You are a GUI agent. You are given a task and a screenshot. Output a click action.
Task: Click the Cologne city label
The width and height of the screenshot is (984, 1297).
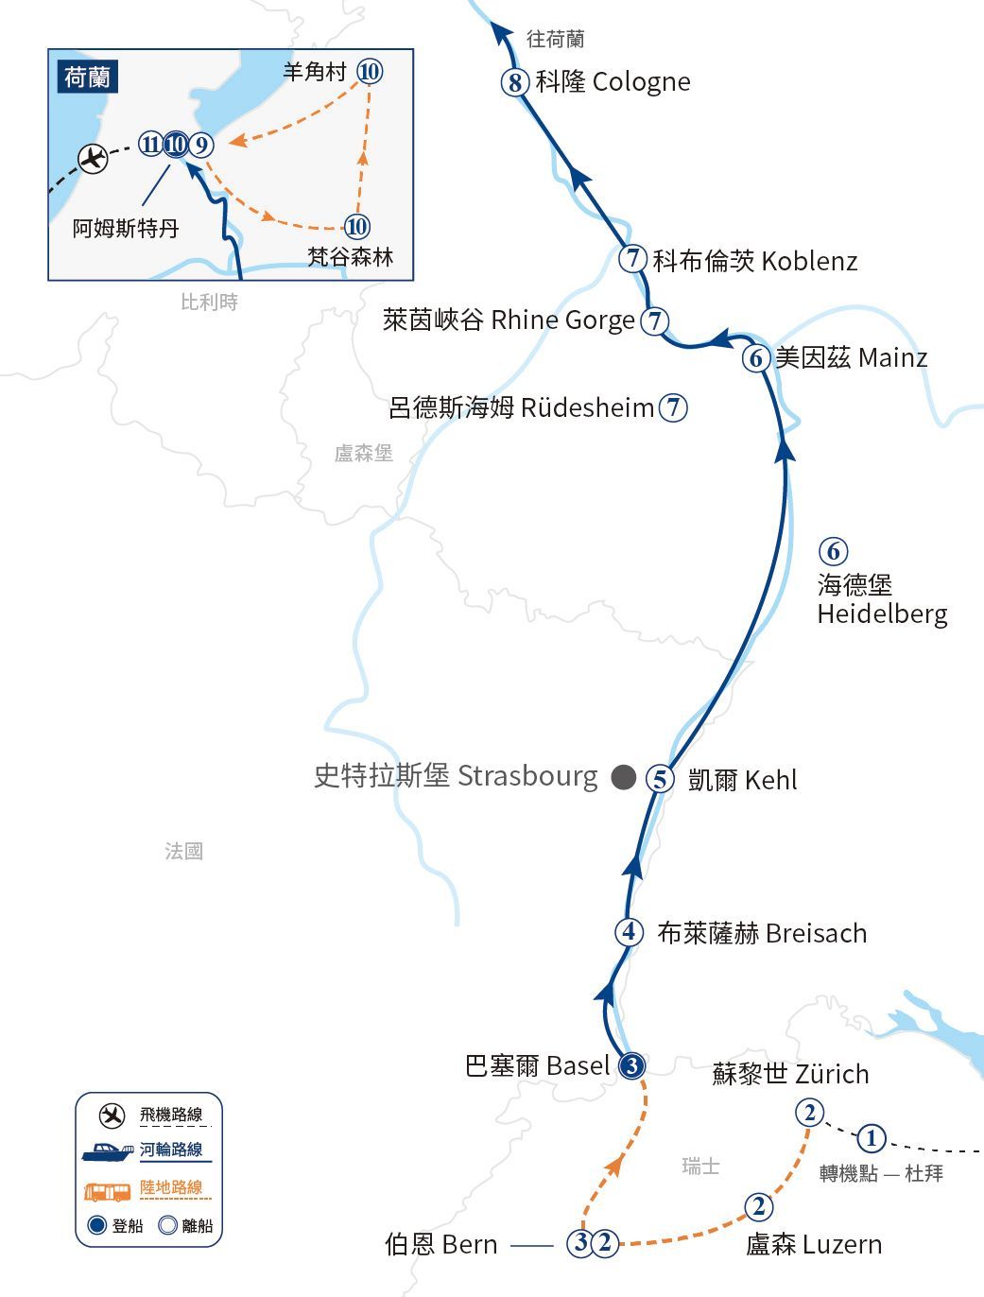pos(613,82)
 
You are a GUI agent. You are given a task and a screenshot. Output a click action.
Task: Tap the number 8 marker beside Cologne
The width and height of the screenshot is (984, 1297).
pos(514,82)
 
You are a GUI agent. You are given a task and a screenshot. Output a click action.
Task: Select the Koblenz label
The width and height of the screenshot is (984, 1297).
pos(755,261)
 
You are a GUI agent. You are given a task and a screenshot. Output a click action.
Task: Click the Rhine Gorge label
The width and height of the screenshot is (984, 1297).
pos(509,320)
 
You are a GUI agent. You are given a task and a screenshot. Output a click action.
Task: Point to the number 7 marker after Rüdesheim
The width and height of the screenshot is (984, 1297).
pos(673,407)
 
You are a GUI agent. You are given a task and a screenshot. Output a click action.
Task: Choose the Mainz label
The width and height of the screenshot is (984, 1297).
pos(851,358)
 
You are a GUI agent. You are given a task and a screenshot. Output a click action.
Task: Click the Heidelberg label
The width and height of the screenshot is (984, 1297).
pos(881,599)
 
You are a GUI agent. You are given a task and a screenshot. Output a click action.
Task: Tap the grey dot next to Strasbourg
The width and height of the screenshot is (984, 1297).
pos(623,777)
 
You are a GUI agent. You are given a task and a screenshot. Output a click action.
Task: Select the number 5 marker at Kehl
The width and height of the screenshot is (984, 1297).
pos(660,779)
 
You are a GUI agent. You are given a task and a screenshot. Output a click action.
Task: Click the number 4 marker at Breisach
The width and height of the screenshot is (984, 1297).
pos(630,932)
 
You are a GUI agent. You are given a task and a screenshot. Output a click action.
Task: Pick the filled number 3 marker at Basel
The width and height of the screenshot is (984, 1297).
pos(632,1065)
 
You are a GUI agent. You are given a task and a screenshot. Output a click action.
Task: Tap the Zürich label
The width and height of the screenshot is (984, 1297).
pos(790,1075)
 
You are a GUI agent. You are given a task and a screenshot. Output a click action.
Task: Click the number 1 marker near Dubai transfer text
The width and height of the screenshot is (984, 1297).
pos(871,1138)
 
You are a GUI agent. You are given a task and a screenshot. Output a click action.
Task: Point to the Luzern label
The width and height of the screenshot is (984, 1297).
pos(814,1244)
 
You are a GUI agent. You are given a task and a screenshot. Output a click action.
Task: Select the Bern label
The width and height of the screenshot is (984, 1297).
pos(440,1244)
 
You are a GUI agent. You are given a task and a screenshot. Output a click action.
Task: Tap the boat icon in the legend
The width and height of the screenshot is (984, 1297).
pos(107,1152)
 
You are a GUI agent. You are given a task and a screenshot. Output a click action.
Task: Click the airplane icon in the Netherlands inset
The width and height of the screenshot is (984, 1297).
pos(93,158)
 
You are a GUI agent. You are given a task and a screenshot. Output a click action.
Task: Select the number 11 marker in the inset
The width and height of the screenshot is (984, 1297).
pos(150,145)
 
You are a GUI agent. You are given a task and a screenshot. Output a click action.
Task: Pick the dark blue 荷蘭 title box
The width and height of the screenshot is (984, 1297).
pos(88,77)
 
